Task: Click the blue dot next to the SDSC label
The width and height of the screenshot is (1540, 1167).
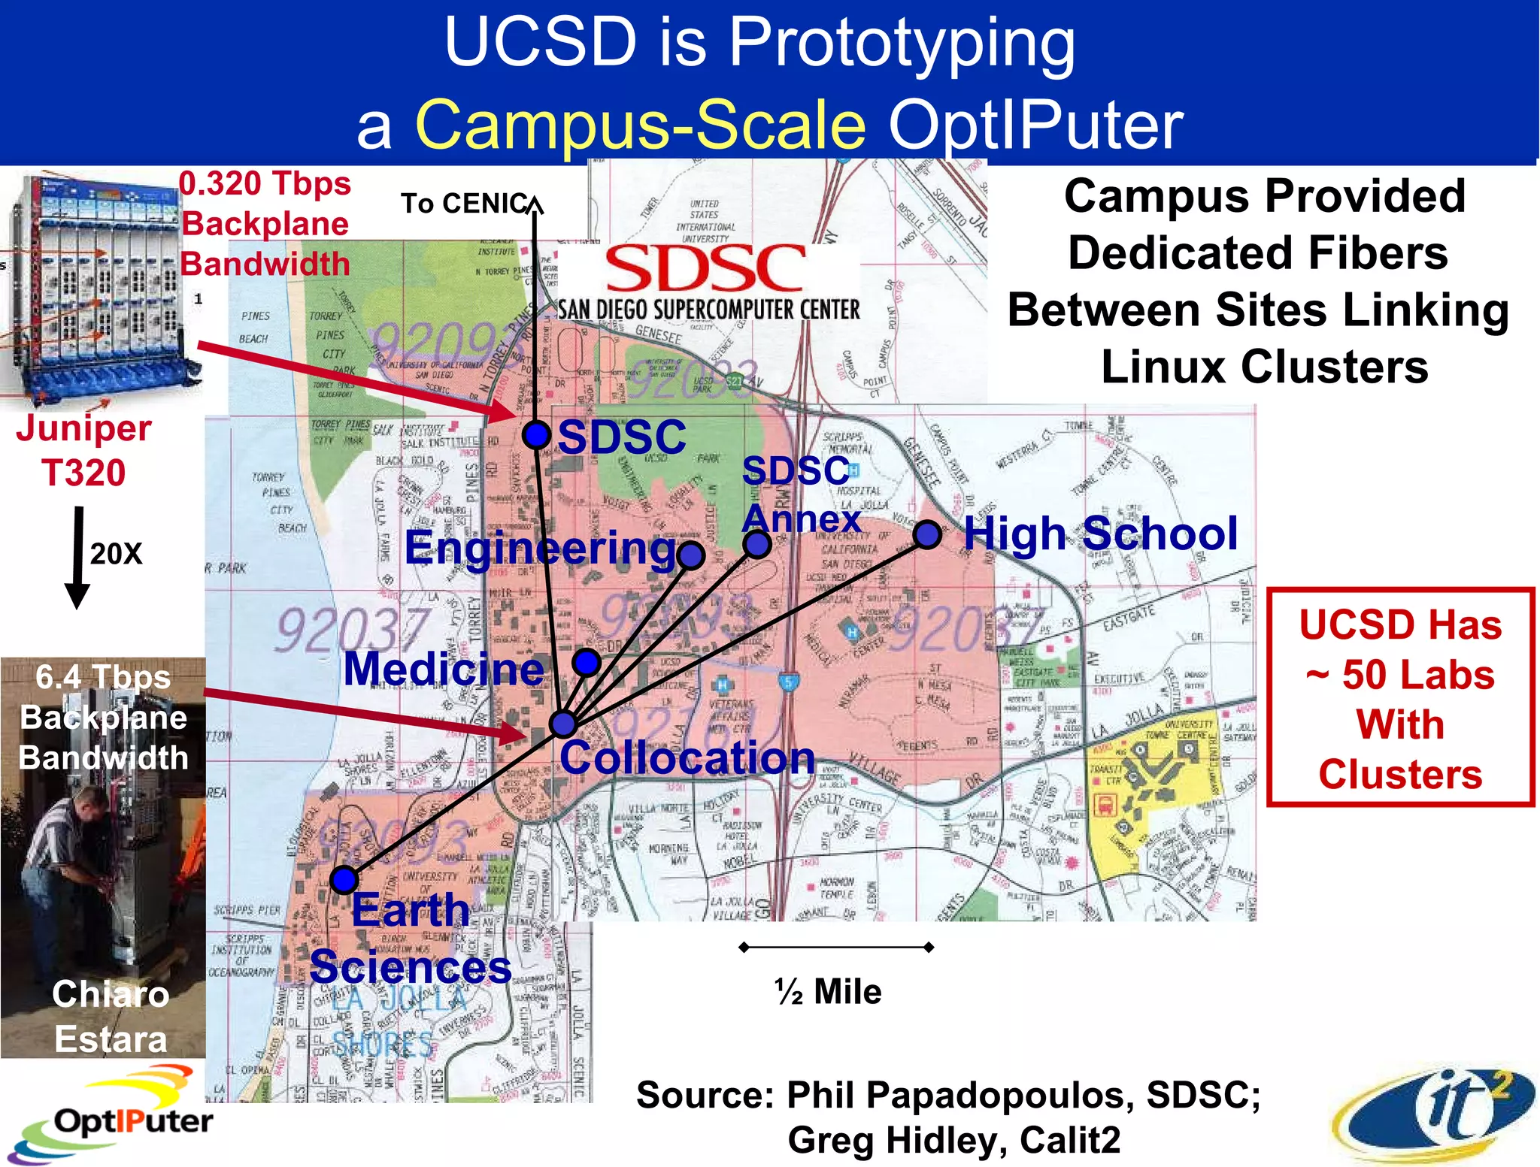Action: (x=536, y=434)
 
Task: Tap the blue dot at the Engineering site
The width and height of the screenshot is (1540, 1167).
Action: (x=690, y=555)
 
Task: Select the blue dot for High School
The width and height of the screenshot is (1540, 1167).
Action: (x=927, y=534)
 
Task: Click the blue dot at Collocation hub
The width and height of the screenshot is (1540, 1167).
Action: (x=562, y=723)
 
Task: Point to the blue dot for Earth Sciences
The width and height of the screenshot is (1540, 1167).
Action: (x=344, y=879)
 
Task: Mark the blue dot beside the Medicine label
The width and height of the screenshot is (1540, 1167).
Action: (x=586, y=662)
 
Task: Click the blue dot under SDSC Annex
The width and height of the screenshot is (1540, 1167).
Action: (x=756, y=543)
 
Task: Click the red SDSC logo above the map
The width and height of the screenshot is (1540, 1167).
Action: (x=705, y=269)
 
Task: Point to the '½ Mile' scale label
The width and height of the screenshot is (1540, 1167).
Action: (x=828, y=992)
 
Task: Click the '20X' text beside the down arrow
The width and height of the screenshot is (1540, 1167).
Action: (x=116, y=554)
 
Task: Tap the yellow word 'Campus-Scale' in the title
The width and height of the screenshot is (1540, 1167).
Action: (x=641, y=124)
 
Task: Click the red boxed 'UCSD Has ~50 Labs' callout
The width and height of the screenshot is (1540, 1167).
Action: (x=1400, y=697)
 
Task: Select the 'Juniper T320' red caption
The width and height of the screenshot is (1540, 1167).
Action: (x=83, y=450)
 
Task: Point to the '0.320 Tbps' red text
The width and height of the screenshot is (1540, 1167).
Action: (x=265, y=184)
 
